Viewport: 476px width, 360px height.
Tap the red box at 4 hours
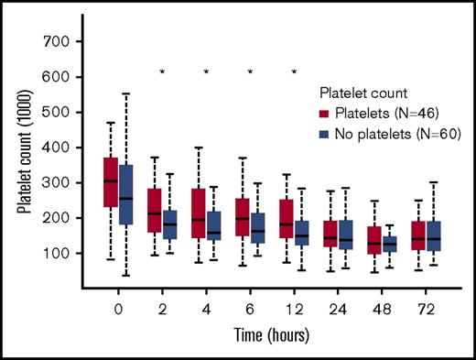[x=198, y=213]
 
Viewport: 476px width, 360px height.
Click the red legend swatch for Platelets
[x=326, y=114]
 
